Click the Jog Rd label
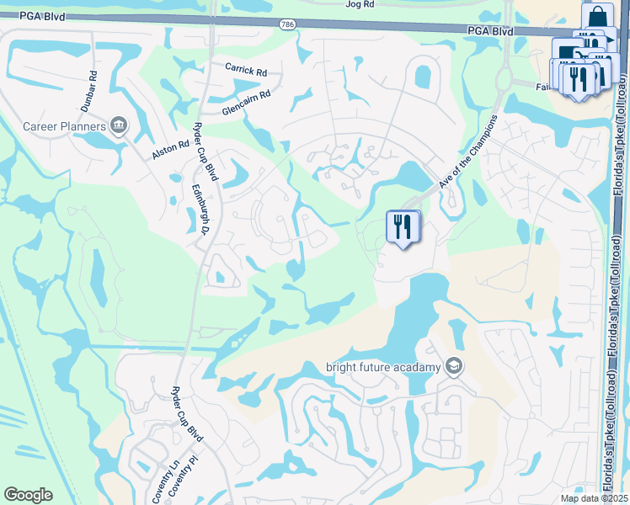(x=360, y=4)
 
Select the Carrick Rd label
(x=245, y=68)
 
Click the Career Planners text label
(x=64, y=127)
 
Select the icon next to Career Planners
(x=119, y=126)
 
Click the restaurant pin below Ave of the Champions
(x=402, y=226)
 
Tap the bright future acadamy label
(x=383, y=367)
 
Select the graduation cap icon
(x=454, y=366)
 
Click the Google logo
(x=28, y=495)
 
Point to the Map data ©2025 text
(x=594, y=498)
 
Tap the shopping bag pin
(x=596, y=18)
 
